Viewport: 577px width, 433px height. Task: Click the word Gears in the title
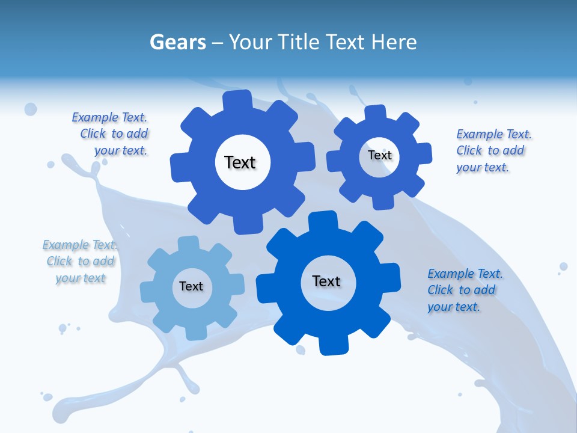click(x=177, y=42)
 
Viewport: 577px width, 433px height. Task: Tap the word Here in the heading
click(x=394, y=42)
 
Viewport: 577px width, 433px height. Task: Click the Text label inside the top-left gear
click(x=240, y=162)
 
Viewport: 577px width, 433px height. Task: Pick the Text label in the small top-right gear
click(x=380, y=155)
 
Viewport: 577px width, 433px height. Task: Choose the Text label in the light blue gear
click(x=191, y=286)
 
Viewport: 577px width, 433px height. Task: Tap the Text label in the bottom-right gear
click(x=326, y=281)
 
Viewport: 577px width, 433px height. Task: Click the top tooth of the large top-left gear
click(x=238, y=99)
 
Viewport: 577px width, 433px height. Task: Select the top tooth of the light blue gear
click(x=188, y=244)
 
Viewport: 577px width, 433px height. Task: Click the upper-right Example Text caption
click(x=493, y=150)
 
